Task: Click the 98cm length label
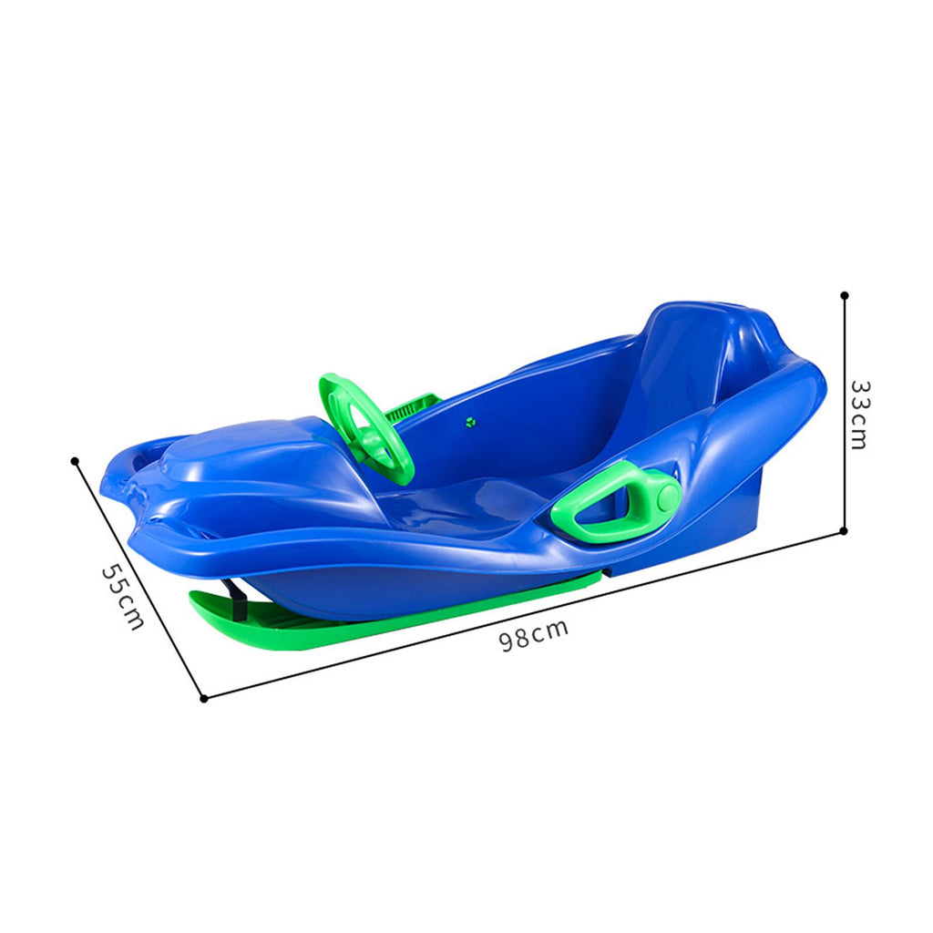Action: (534, 635)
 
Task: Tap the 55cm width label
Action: (123, 597)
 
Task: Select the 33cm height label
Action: (860, 415)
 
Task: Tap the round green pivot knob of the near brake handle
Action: (668, 495)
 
